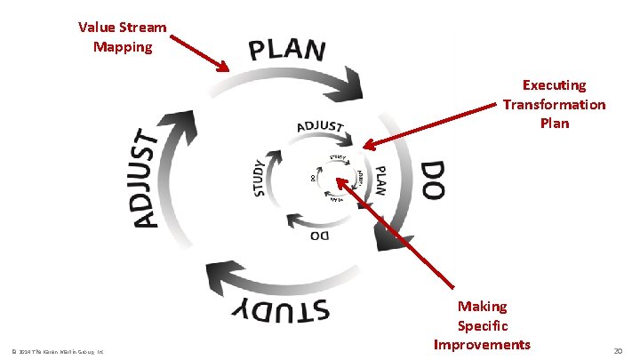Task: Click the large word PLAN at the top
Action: (287, 51)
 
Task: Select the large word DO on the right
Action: (431, 180)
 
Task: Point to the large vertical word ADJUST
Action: (147, 178)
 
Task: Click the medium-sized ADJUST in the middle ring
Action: (319, 127)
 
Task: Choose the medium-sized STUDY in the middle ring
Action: (259, 178)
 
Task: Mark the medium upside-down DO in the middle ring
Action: (319, 236)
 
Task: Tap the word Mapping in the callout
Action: (122, 46)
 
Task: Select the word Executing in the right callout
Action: (554, 85)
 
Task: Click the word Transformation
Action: (554, 104)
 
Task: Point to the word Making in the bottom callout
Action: (482, 306)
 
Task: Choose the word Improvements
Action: (482, 344)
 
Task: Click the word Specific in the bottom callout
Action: (482, 325)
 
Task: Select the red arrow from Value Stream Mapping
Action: (197, 52)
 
